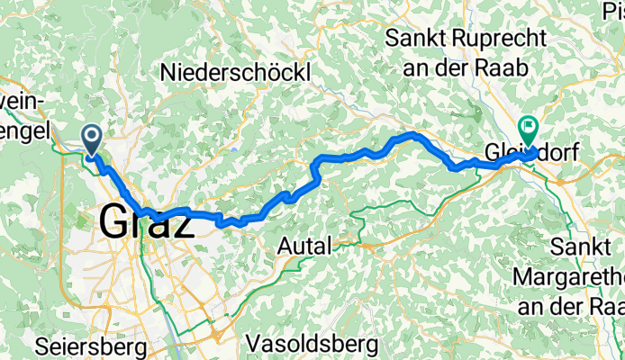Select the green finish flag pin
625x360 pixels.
527,131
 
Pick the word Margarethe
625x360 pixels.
567,275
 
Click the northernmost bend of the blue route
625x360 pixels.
414,134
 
